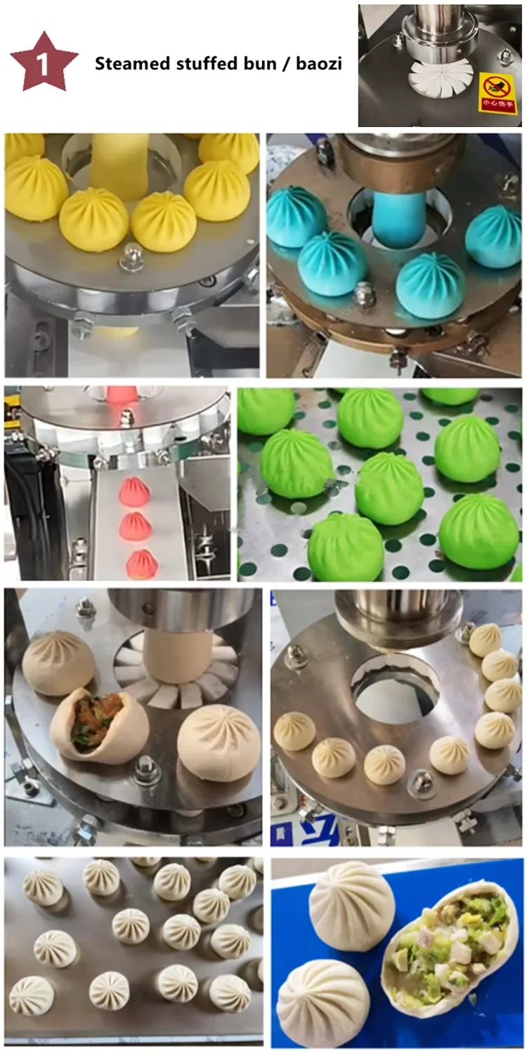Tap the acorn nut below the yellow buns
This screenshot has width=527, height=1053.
click(131, 256)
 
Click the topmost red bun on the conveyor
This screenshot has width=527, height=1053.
click(134, 491)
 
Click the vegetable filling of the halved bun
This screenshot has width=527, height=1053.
click(449, 944)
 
